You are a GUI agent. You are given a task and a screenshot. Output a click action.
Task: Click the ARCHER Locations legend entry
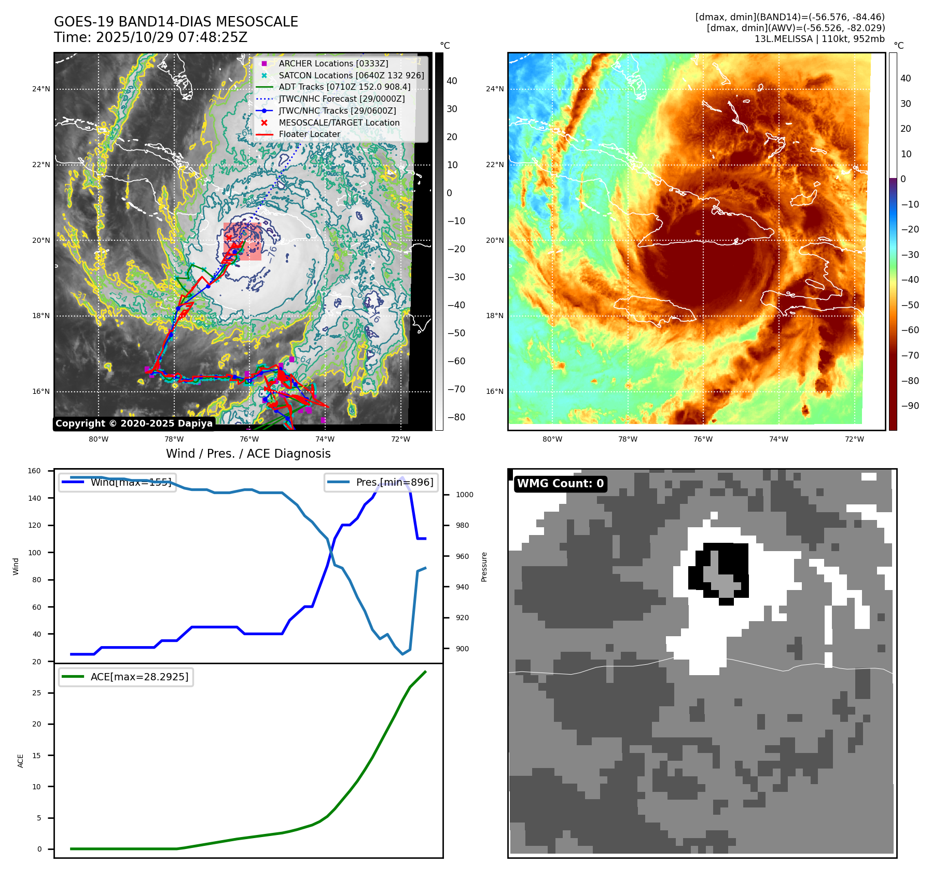click(x=333, y=63)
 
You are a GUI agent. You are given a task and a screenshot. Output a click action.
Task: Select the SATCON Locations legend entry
click(x=351, y=75)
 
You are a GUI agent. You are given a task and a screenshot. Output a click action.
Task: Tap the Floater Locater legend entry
click(x=309, y=134)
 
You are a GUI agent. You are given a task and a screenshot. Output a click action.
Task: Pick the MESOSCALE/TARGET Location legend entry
click(x=339, y=122)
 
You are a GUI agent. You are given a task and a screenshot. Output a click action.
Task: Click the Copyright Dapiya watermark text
click(x=134, y=423)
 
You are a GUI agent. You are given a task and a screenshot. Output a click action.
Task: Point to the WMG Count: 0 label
click(x=560, y=484)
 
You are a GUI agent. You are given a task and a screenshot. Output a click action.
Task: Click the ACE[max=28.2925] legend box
click(x=126, y=677)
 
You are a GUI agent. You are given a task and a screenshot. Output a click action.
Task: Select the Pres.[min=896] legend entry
click(x=381, y=482)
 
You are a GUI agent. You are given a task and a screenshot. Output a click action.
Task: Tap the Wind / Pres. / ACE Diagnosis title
click(x=248, y=454)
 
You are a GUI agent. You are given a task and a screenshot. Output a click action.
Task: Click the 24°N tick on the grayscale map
click(x=41, y=89)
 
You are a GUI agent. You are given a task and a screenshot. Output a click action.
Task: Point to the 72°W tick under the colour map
click(x=854, y=439)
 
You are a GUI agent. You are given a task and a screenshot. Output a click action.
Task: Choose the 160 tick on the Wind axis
click(x=34, y=471)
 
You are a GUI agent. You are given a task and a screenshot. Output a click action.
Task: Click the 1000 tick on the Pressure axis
click(x=464, y=495)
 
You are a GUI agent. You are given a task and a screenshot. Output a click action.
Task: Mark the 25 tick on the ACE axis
click(x=36, y=693)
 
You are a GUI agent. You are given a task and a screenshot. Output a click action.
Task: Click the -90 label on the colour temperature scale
click(x=910, y=406)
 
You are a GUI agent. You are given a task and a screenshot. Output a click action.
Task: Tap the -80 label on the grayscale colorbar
click(x=456, y=417)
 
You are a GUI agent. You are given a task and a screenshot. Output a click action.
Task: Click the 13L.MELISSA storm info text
click(x=819, y=39)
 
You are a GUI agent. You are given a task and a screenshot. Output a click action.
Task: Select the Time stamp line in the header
click(x=150, y=37)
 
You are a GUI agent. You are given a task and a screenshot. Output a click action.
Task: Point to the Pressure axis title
click(x=484, y=567)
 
